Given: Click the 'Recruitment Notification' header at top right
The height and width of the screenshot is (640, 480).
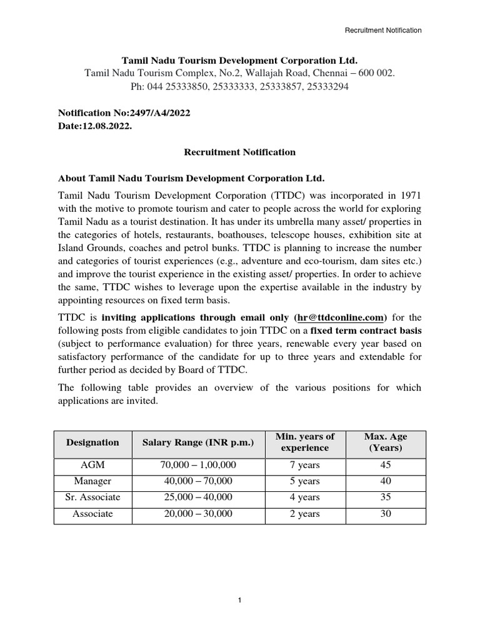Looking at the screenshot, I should click(384, 30).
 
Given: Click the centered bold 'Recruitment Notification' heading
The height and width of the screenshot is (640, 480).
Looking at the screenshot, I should click(239, 152).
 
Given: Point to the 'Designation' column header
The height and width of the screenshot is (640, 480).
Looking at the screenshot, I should click(92, 442).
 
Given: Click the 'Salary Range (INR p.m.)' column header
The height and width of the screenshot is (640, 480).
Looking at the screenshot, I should click(198, 442).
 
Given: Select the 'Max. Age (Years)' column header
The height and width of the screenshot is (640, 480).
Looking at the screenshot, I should click(386, 442).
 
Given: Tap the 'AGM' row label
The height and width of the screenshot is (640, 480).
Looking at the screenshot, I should click(92, 465).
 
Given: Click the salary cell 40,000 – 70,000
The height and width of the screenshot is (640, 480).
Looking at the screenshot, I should click(198, 481).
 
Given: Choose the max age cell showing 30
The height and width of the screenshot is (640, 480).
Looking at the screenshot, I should click(386, 514).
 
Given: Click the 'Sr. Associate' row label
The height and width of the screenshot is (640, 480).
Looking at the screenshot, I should click(92, 497).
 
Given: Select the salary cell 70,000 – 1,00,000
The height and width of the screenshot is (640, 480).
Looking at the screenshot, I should click(198, 465).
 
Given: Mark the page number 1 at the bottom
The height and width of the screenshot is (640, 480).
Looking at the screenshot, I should click(239, 601).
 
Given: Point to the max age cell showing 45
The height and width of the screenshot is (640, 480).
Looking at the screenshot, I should click(386, 465).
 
